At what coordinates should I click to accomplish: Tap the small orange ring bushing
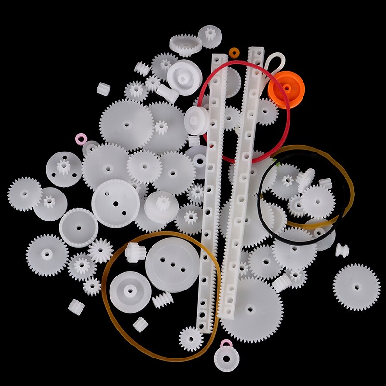point(234,51)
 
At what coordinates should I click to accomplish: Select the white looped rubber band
point(274,63)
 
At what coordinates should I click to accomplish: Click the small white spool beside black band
point(342,250)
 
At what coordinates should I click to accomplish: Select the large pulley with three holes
point(172,264)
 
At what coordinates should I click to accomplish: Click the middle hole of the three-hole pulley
point(172,264)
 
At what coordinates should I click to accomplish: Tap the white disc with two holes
point(115,203)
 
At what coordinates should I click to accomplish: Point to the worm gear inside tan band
point(163,301)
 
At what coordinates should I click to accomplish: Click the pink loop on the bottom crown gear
point(225,345)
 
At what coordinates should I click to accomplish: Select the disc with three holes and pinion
point(64,169)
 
